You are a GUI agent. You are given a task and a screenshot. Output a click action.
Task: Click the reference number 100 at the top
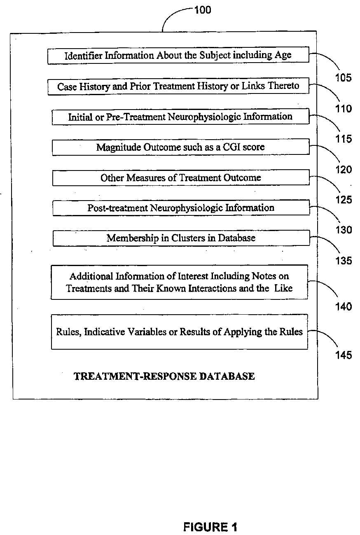coord(202,9)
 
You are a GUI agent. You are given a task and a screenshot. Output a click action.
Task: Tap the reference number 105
coord(343,77)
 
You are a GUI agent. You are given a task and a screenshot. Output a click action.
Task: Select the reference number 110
coord(343,108)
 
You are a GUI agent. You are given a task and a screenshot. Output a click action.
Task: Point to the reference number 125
coord(343,200)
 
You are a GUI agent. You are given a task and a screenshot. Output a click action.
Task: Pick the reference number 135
coord(343,261)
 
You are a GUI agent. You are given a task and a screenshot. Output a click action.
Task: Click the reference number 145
coord(343,355)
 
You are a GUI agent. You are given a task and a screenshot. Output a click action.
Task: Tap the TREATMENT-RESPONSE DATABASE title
coord(164,376)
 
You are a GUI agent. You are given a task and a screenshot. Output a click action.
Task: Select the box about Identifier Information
coord(178,56)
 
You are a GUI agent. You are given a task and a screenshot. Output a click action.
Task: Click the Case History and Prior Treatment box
coord(178,86)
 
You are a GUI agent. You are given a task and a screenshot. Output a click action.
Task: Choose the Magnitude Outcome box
coord(180,147)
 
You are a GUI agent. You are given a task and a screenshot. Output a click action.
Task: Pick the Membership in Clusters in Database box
coord(181,238)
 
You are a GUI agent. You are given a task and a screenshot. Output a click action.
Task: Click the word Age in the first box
coord(283,55)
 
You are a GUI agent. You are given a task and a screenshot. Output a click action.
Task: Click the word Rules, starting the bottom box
coord(68,332)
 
